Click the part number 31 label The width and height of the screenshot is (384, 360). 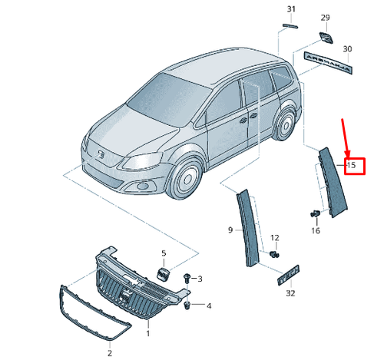pyautogui.click(x=290, y=8)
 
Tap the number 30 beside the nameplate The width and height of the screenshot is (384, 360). pyautogui.click(x=347, y=48)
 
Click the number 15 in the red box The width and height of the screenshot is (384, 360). pyautogui.click(x=352, y=164)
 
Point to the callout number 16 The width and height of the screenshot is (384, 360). pyautogui.click(x=315, y=230)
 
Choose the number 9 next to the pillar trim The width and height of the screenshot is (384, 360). pyautogui.click(x=230, y=230)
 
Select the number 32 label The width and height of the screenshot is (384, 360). pyautogui.click(x=290, y=293)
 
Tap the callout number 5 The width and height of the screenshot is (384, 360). pyautogui.click(x=163, y=253)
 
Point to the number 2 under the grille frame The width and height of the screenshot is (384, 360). pyautogui.click(x=109, y=352)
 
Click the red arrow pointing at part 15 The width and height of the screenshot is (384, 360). pyautogui.click(x=346, y=138)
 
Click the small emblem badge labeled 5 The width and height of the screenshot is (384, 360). pyautogui.click(x=163, y=273)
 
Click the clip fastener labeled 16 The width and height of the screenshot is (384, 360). pyautogui.click(x=314, y=213)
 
